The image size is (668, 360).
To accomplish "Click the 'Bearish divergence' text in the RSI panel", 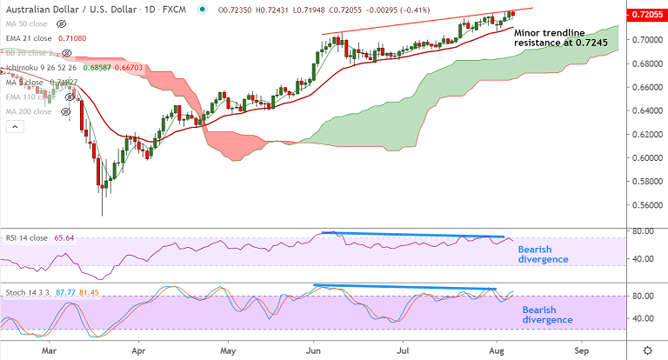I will (x=544, y=254).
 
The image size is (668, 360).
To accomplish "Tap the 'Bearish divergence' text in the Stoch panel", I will (x=547, y=314).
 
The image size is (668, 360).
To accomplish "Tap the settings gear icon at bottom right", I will (x=647, y=349).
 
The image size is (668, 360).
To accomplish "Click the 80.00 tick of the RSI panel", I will (x=643, y=231).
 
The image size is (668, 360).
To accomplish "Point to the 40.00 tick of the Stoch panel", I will (x=643, y=318).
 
